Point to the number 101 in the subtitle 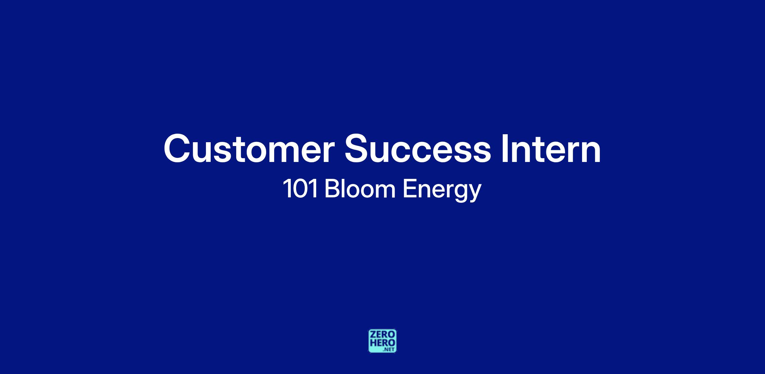click(x=301, y=189)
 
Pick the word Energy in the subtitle click(x=442, y=191)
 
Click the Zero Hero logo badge click(x=382, y=341)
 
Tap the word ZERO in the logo click(x=382, y=334)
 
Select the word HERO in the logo click(x=382, y=343)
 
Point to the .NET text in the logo click(x=389, y=349)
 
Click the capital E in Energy click(x=409, y=189)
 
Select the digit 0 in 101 click(x=301, y=189)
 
